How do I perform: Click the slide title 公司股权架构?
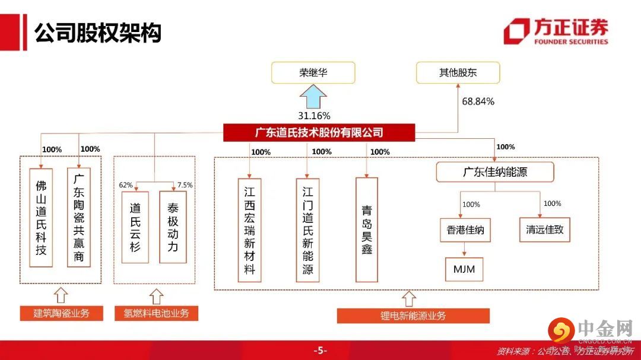pyautogui.click(x=98, y=33)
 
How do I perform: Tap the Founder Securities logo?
pyautogui.click(x=556, y=31)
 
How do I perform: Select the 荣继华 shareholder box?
pyautogui.click(x=313, y=73)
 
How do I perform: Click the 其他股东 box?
pyautogui.click(x=458, y=73)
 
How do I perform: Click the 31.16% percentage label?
pyautogui.click(x=314, y=116)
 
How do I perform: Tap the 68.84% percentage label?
pyautogui.click(x=478, y=101)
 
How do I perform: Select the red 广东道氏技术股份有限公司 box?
pyautogui.click(x=319, y=133)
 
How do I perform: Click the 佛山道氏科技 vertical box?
pyautogui.click(x=40, y=218)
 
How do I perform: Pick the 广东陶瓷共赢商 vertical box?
pyautogui.click(x=78, y=218)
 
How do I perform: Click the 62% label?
pyautogui.click(x=126, y=185)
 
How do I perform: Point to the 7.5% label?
pyautogui.click(x=185, y=185)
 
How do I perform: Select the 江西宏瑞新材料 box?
pyautogui.click(x=250, y=230)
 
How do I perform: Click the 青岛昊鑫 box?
pyautogui.click(x=367, y=230)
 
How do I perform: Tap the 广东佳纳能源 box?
pyautogui.click(x=495, y=173)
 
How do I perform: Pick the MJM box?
pyautogui.click(x=464, y=269)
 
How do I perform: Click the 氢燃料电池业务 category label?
pyautogui.click(x=156, y=313)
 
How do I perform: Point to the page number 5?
pyautogui.click(x=320, y=351)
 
